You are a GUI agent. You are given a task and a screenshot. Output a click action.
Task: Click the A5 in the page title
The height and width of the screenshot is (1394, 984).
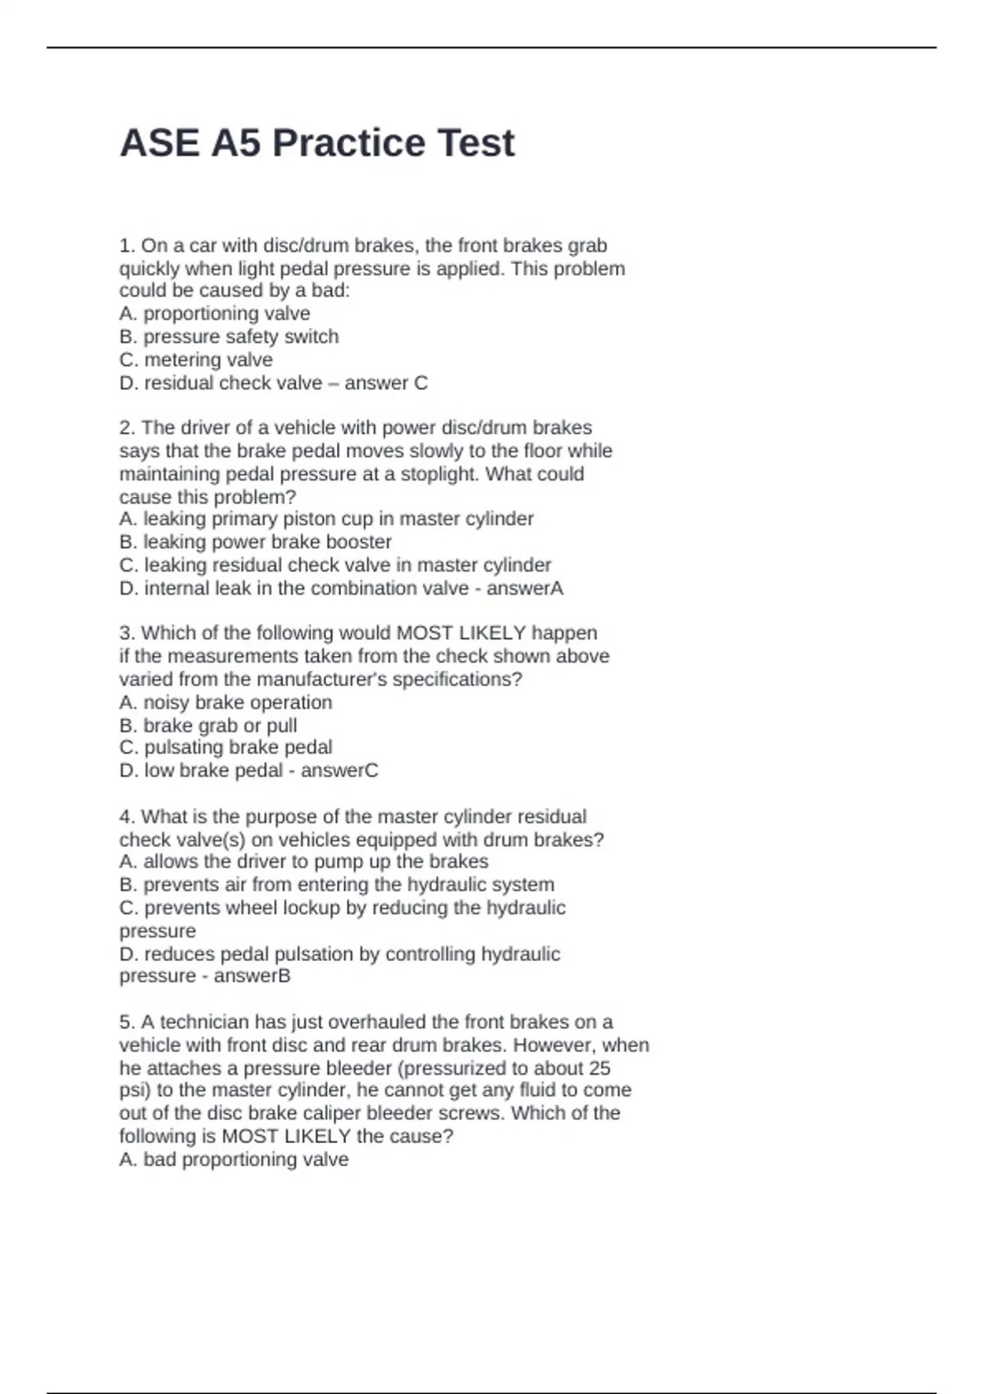[x=236, y=143]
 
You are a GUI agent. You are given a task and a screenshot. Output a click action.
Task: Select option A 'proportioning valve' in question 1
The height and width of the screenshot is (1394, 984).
[x=215, y=313]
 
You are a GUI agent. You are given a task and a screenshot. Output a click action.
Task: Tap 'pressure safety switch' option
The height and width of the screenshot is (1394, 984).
[x=229, y=336]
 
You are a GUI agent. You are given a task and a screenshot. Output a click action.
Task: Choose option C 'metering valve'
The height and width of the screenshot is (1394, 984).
[x=196, y=359]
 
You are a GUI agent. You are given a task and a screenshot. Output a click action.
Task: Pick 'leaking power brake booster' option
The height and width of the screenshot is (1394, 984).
[x=256, y=541]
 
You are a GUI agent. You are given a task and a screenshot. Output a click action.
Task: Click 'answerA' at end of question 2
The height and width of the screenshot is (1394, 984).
[x=526, y=588]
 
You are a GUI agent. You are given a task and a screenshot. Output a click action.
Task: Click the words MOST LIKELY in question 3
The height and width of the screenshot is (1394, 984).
[x=461, y=633]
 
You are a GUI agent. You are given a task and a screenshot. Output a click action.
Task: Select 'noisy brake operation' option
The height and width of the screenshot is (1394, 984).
[x=225, y=702]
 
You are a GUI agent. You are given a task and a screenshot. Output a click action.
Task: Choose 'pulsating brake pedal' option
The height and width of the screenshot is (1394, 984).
[x=225, y=747]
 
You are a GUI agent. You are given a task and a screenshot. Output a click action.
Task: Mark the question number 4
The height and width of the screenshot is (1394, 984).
[x=126, y=817]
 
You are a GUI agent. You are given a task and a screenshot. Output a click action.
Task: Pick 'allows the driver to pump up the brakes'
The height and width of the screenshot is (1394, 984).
[x=303, y=861]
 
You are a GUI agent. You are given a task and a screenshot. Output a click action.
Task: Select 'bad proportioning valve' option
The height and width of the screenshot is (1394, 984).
[x=234, y=1159]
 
